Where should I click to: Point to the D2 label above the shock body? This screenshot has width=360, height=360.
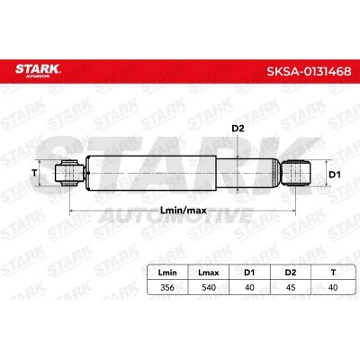click(x=238, y=130)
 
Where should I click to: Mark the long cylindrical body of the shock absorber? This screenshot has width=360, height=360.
click(x=162, y=172)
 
